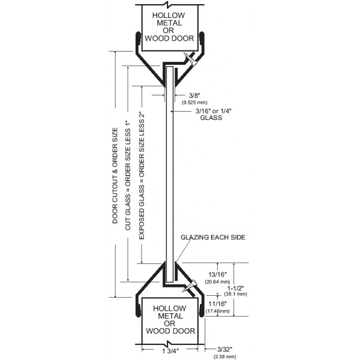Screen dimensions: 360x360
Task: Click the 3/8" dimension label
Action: [194, 95]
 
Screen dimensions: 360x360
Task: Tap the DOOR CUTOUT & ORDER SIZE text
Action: [115, 174]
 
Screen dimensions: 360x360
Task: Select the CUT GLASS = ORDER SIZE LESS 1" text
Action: [128, 174]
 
